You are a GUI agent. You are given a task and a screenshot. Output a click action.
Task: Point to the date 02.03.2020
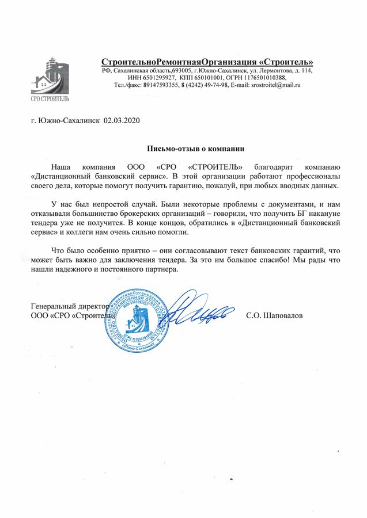(x=122, y=121)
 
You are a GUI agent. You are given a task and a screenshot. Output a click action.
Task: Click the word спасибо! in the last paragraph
(x=262, y=260)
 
